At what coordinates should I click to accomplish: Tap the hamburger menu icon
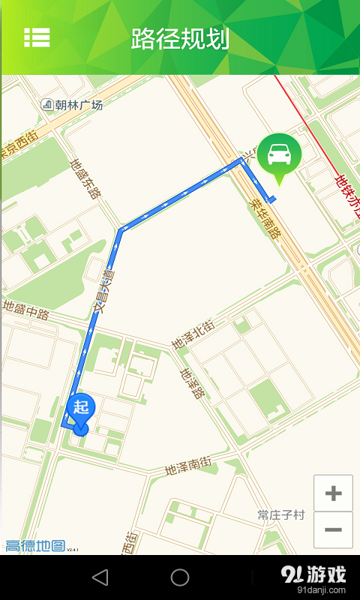[x=37, y=37]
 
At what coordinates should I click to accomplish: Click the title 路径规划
[x=180, y=38]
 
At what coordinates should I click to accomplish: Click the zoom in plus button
[x=333, y=493]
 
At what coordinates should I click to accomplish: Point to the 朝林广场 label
[x=78, y=105]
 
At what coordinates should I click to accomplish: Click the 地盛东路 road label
[x=85, y=178]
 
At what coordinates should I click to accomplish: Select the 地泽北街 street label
[x=193, y=335]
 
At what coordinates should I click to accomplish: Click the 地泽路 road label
[x=192, y=383]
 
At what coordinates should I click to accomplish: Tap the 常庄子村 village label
[x=281, y=515]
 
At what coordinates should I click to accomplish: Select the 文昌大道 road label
[x=104, y=292]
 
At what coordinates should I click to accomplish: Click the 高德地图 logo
[x=35, y=546]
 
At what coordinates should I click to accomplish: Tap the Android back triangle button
[x=100, y=577]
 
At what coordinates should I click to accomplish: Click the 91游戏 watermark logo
[x=314, y=576]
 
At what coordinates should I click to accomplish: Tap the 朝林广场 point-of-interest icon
[x=46, y=105]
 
